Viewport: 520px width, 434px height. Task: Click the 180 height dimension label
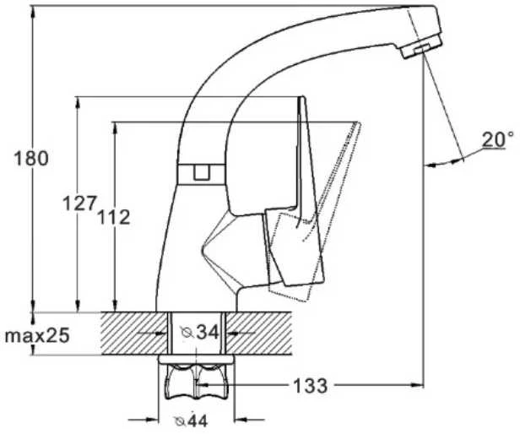click(31, 158)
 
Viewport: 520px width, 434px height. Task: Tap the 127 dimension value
click(80, 203)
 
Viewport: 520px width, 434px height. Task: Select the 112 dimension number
click(113, 217)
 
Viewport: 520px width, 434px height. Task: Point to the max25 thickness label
click(37, 335)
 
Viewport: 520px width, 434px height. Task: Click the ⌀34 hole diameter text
click(199, 332)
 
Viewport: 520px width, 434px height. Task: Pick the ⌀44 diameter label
click(191, 420)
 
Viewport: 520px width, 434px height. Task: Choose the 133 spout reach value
click(310, 385)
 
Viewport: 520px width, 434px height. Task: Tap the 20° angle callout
click(497, 139)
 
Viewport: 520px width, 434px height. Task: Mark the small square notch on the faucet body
click(201, 172)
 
